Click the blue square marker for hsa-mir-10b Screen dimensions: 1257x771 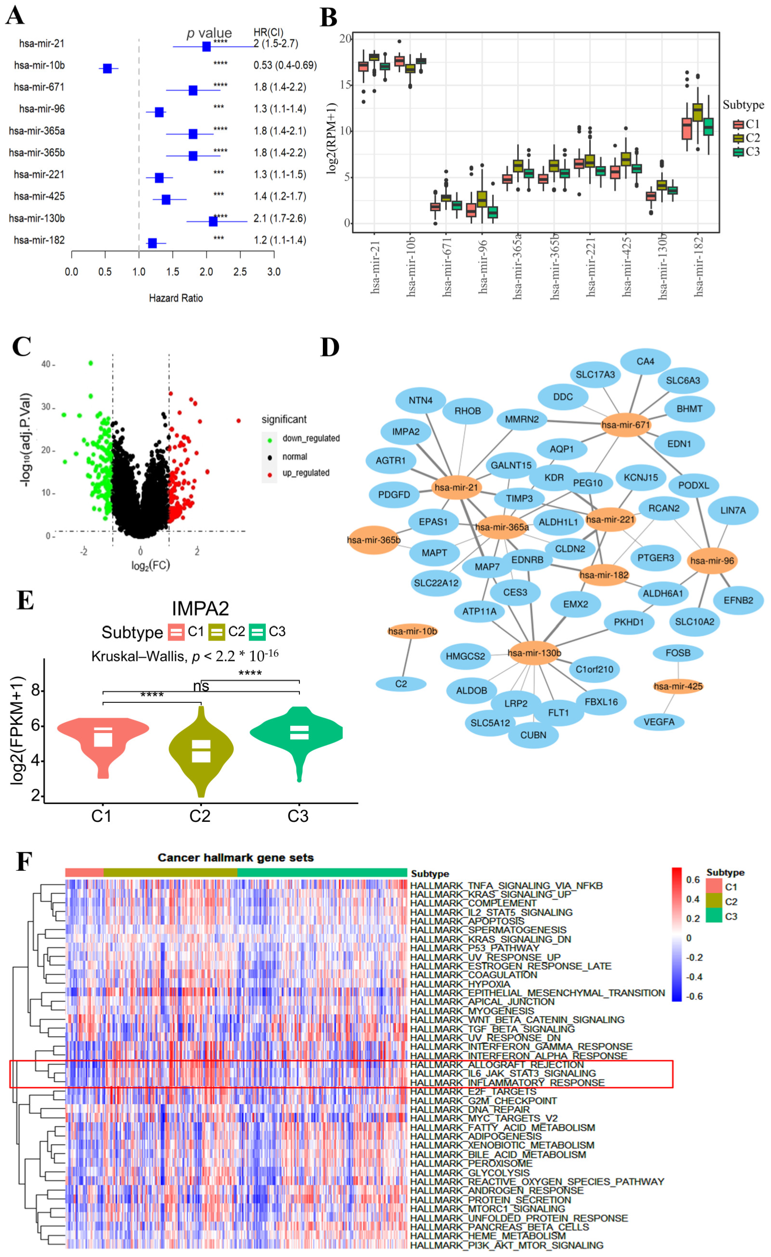click(x=107, y=68)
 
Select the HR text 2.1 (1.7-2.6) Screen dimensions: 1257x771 click(x=280, y=219)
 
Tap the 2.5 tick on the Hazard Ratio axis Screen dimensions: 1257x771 click(x=240, y=272)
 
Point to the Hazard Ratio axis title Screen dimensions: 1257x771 click(x=176, y=298)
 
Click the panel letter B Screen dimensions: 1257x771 click(x=329, y=18)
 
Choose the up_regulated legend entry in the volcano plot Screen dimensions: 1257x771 click(x=306, y=473)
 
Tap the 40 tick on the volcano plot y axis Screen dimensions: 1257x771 click(x=46, y=364)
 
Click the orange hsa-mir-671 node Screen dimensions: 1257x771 click(x=626, y=425)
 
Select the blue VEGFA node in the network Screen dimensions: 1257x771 click(x=659, y=722)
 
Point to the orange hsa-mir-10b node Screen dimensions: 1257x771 click(x=412, y=631)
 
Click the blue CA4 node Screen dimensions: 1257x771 click(x=645, y=361)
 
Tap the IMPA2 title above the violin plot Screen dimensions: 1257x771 click(x=200, y=609)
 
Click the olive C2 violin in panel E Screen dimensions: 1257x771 click(x=201, y=750)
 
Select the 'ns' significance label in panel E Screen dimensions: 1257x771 click(x=201, y=687)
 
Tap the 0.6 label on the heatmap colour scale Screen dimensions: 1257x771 click(x=692, y=880)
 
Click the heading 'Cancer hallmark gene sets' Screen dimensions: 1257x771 click(x=235, y=857)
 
